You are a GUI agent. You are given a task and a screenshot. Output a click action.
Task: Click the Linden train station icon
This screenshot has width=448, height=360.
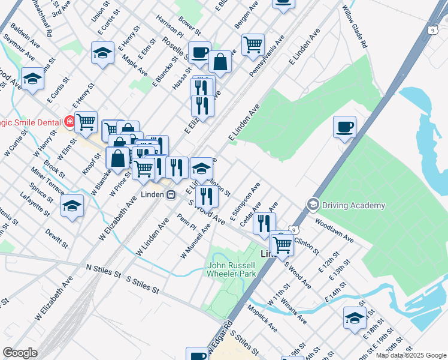pyautogui.click(x=171, y=194)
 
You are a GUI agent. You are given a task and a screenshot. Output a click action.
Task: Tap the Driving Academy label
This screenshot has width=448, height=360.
pyautogui.click(x=353, y=206)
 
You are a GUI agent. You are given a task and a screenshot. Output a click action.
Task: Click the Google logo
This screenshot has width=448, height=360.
pyautogui.click(x=20, y=353)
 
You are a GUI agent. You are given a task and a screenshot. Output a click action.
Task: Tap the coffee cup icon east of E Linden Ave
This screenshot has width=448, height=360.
pyautogui.click(x=344, y=127)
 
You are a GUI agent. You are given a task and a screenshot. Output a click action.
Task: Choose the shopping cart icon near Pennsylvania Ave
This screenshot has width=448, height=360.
pyautogui.click(x=253, y=44)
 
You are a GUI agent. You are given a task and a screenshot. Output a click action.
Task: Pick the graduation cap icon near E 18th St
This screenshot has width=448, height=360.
pyautogui.click(x=355, y=317)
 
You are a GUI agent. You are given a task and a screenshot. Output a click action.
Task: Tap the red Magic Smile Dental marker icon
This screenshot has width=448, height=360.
pyautogui.click(x=70, y=122)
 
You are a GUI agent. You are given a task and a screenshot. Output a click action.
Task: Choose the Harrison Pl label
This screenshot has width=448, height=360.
pyautogui.click(x=169, y=25)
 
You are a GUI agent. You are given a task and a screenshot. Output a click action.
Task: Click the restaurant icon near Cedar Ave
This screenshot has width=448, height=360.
pyautogui.click(x=264, y=223)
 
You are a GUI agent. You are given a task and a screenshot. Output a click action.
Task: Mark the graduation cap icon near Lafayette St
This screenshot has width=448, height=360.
pyautogui.click(x=72, y=206)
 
